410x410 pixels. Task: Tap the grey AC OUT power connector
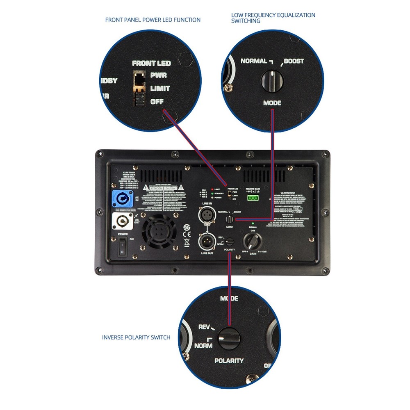click(x=122, y=222)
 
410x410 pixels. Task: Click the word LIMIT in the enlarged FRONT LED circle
click(x=160, y=88)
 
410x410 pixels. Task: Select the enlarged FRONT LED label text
click(x=151, y=63)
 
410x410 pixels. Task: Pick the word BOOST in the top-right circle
click(x=294, y=61)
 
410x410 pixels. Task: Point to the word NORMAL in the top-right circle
click(x=254, y=61)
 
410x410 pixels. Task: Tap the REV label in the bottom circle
click(x=204, y=327)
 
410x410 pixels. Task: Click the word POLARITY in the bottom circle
click(x=229, y=361)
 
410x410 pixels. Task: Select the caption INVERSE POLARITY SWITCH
click(x=136, y=337)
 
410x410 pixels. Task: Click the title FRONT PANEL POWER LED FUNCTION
click(x=153, y=20)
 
